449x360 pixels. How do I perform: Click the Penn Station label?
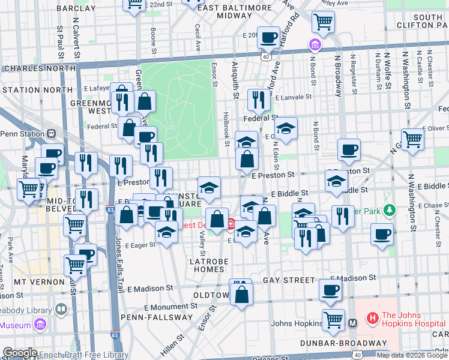point(22,133)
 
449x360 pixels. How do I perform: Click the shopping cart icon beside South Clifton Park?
point(324,23)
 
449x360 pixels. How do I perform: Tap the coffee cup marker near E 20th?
point(268,38)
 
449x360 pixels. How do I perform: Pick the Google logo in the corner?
point(19,353)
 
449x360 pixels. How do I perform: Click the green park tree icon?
point(390,211)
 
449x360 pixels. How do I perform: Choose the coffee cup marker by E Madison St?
point(330,291)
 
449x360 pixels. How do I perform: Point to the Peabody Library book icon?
point(61,310)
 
